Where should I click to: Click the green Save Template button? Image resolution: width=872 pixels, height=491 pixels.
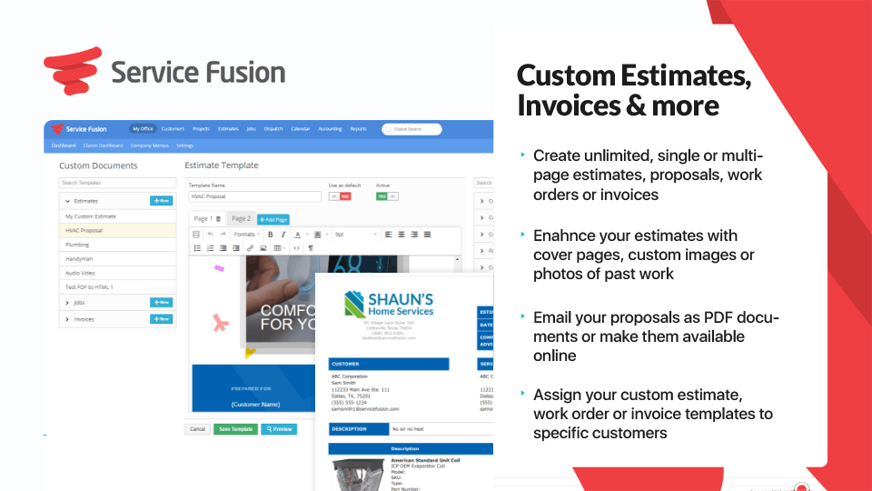(x=235, y=429)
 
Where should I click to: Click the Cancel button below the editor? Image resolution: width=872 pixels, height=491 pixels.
(x=197, y=429)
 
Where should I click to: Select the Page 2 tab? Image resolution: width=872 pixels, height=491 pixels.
(x=241, y=219)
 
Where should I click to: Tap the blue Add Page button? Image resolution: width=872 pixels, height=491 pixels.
(x=273, y=219)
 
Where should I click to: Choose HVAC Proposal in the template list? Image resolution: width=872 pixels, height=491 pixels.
(x=84, y=231)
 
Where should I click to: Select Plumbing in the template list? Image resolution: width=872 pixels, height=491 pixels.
(x=77, y=245)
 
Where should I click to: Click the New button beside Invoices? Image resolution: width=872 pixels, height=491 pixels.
(x=161, y=319)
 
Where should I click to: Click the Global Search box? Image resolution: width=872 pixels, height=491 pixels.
(x=412, y=129)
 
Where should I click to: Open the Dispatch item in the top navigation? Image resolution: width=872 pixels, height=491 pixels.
(x=273, y=129)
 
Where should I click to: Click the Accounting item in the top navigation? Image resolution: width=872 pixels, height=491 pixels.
(x=330, y=129)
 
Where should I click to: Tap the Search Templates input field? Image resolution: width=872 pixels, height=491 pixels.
(x=117, y=184)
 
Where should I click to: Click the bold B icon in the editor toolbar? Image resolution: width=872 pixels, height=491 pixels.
(x=270, y=235)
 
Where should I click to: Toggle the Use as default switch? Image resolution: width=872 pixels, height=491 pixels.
(x=339, y=196)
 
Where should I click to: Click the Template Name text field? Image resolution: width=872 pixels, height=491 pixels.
(x=254, y=196)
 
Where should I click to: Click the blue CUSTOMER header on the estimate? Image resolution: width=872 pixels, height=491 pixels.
(x=389, y=364)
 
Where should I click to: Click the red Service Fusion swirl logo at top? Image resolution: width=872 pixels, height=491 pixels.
(x=71, y=70)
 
